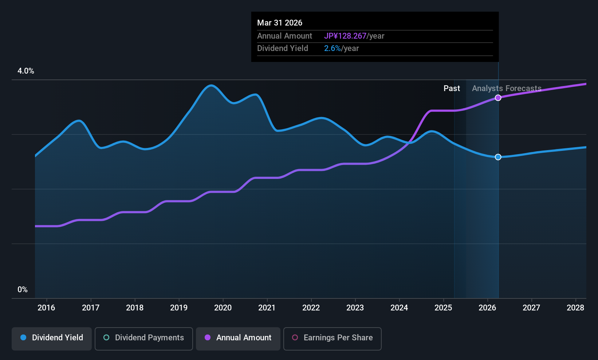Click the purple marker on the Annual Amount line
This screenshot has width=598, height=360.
(x=498, y=98)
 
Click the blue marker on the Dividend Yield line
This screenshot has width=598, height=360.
(x=498, y=157)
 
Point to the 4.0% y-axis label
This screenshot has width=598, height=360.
(x=26, y=71)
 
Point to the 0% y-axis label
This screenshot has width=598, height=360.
(x=23, y=290)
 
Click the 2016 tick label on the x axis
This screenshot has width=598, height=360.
(x=46, y=308)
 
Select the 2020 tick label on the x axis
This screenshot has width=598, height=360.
(x=223, y=308)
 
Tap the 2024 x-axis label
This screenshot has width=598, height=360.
(x=399, y=308)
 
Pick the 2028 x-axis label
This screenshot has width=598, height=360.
(x=575, y=308)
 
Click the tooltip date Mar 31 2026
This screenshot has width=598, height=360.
(x=280, y=23)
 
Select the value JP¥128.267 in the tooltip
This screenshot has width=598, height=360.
(x=345, y=36)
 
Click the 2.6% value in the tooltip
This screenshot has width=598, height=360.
(x=332, y=48)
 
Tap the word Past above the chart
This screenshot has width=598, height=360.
(x=452, y=89)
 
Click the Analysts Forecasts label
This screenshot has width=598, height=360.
(x=507, y=89)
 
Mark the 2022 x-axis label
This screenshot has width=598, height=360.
(x=311, y=308)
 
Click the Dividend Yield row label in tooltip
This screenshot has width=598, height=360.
(x=283, y=48)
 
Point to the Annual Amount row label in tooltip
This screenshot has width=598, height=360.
(x=284, y=36)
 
